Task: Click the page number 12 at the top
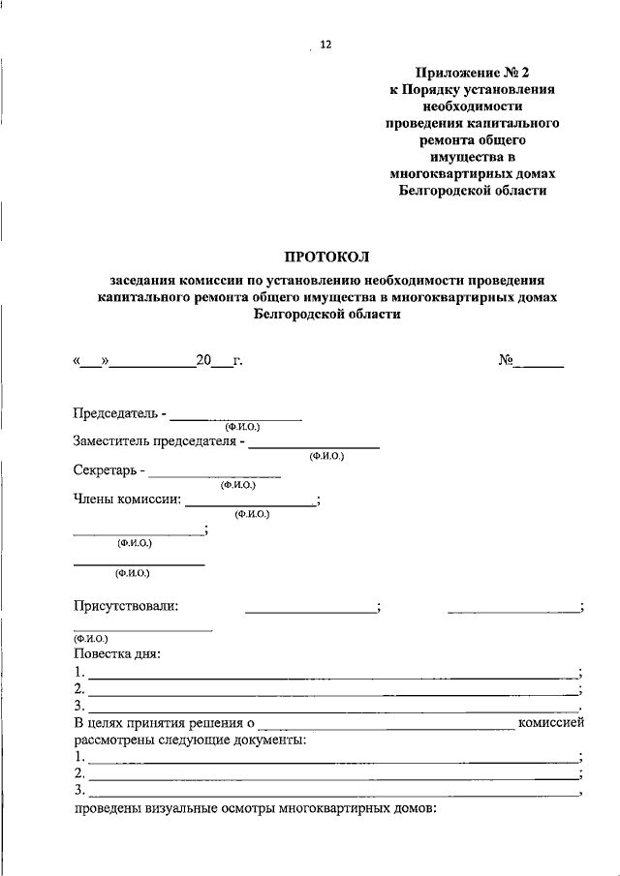325,45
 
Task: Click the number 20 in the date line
203,361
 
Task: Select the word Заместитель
113,442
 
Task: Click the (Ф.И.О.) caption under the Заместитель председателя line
326,456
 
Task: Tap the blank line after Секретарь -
215,474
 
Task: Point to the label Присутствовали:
127,606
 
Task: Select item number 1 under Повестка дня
78,672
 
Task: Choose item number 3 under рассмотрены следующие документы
78,792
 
